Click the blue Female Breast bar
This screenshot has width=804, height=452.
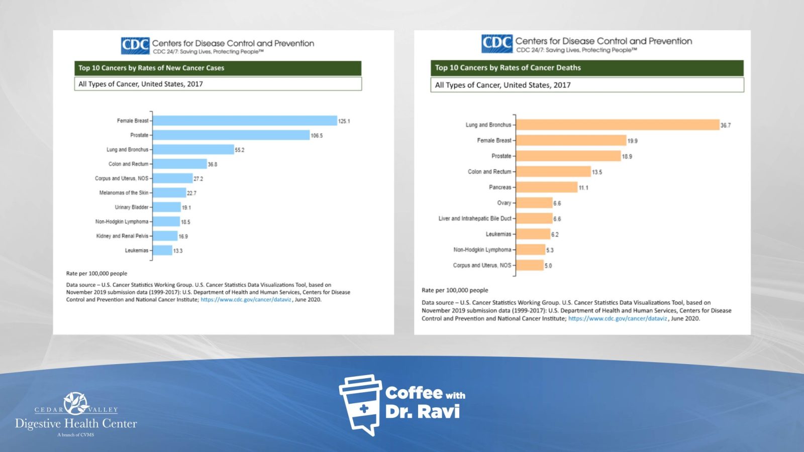tap(245, 121)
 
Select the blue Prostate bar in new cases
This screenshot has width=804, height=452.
tap(231, 135)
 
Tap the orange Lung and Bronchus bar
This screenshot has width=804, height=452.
tap(618, 125)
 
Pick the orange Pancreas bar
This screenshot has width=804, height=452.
tap(547, 187)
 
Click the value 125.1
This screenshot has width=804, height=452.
tap(344, 121)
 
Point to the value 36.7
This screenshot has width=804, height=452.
tap(726, 125)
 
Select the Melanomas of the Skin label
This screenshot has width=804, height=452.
tap(124, 193)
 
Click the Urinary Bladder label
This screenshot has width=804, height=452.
tap(132, 207)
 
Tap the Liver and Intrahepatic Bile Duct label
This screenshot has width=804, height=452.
tap(475, 218)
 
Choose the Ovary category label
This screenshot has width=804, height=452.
tap(504, 203)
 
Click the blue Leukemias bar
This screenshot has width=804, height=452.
tap(162, 250)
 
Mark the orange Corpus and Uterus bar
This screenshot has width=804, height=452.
tap(530, 265)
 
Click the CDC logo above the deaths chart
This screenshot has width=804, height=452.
tap(496, 44)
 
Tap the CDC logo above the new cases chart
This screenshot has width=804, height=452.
tap(135, 46)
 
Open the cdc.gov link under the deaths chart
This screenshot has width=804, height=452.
tap(618, 318)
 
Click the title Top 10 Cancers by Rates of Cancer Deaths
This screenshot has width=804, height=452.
tap(508, 68)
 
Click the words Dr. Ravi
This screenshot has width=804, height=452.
tap(423, 412)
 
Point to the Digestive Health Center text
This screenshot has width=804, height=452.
tap(76, 423)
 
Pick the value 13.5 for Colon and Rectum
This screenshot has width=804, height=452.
tap(597, 172)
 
